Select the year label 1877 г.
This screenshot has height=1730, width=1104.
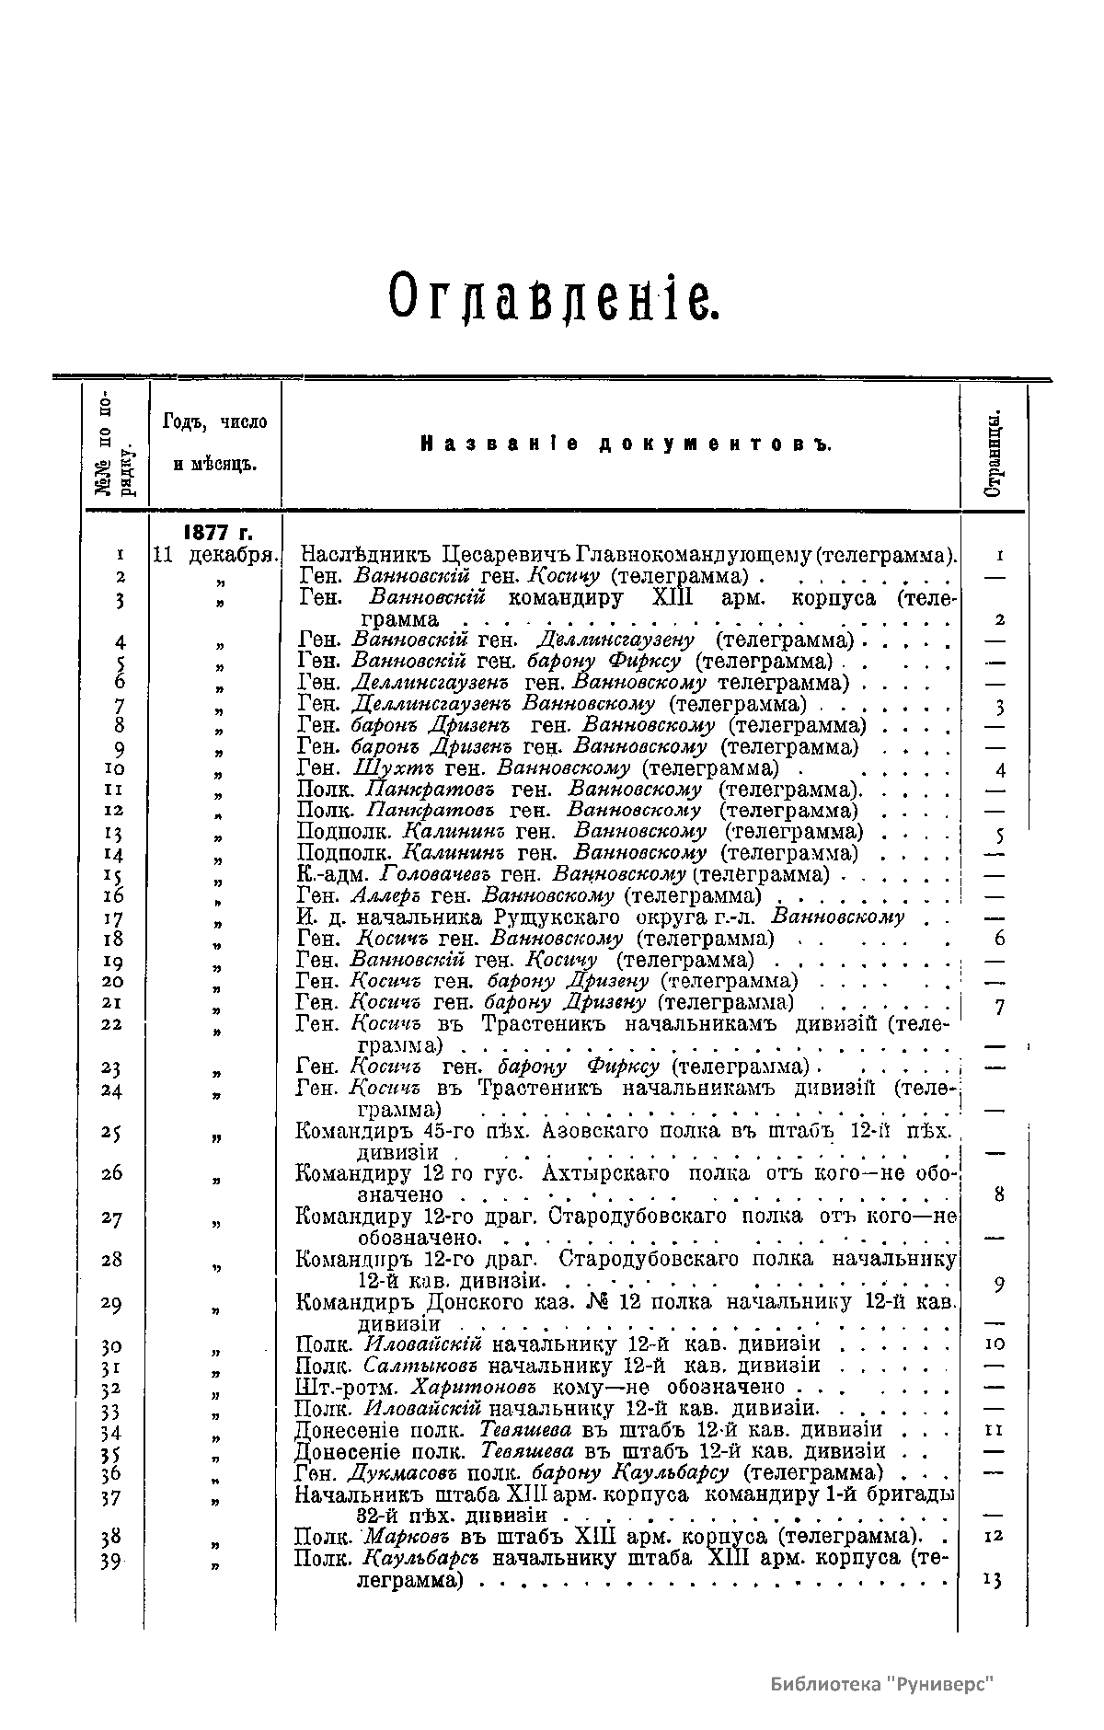pos(218,534)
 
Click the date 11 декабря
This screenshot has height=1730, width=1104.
pos(216,556)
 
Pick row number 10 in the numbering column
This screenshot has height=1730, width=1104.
pos(114,768)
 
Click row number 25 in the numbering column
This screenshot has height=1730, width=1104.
pos(112,1133)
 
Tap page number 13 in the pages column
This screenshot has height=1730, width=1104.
pos(993,1580)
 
